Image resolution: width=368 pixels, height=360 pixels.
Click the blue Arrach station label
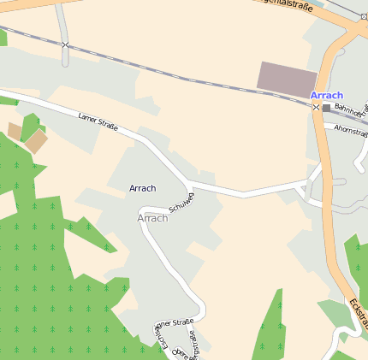[327, 95]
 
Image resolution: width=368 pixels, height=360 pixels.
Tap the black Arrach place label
[142, 188]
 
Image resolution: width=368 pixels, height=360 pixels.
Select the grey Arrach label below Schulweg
[152, 218]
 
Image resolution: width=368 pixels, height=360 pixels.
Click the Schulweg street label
[182, 202]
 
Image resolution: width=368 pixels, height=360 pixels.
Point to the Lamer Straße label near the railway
[98, 123]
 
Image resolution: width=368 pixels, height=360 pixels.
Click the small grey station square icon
[326, 108]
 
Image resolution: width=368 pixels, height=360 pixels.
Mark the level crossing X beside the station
[316, 108]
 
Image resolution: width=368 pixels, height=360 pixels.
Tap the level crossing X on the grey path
[65, 44]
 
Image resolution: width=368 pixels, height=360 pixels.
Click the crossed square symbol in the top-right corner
[363, 16]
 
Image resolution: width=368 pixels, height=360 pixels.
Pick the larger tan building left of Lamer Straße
[35, 141]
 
